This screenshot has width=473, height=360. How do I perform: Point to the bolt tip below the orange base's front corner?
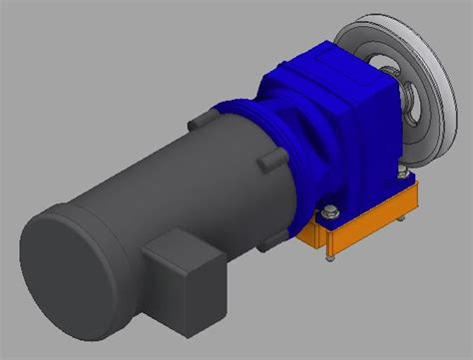coord(326,262)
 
